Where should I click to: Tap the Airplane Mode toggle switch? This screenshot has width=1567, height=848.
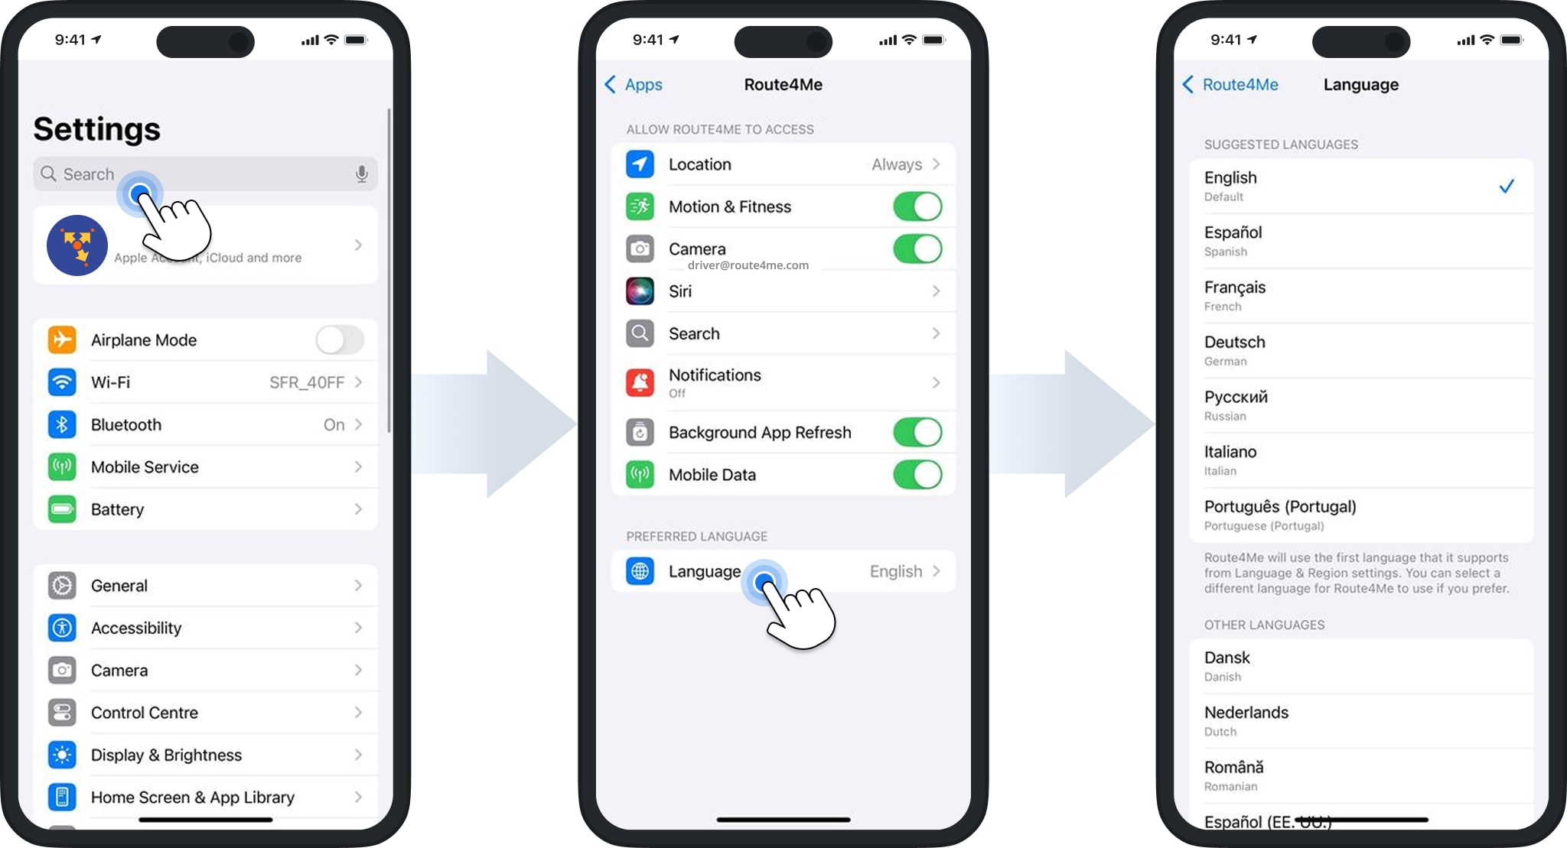pos(340,340)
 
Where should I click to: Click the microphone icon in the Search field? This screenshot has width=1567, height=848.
pos(362,174)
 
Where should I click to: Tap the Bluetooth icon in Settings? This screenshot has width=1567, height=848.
pos(62,424)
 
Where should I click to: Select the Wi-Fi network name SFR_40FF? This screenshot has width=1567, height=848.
pos(307,382)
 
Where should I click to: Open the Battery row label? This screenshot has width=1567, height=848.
pos(117,509)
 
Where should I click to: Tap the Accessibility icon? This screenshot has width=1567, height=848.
pos(62,628)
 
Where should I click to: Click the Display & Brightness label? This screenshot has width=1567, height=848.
pos(166,755)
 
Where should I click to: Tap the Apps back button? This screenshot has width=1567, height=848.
pos(634,85)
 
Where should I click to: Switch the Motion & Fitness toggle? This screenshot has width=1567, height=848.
pos(917,206)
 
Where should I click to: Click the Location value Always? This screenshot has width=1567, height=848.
pos(897,164)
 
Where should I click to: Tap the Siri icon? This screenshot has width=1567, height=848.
pos(640,291)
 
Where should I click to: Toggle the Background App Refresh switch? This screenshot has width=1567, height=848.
pos(917,432)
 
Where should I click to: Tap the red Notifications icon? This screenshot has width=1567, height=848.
pos(640,382)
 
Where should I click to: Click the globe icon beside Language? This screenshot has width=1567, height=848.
pos(640,571)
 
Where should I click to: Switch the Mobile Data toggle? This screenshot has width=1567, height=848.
pos(917,475)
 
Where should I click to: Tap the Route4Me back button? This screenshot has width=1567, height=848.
pos(1230,85)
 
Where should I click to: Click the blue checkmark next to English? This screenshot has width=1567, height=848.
pos(1506,187)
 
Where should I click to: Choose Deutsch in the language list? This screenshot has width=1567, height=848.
pos(1234,343)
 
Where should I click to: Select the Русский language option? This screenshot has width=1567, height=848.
pos(1236,398)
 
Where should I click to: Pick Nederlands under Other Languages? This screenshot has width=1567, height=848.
pos(1246,713)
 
